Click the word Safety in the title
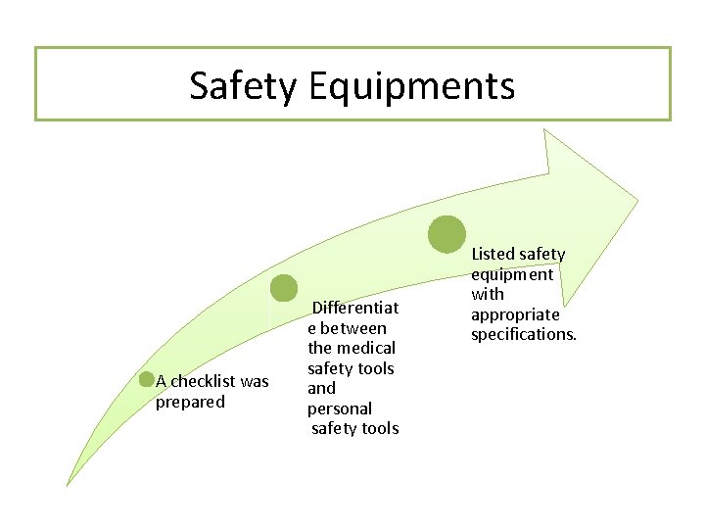[243, 86]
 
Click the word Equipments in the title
[410, 86]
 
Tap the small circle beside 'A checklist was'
[147, 380]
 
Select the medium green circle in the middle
[284, 288]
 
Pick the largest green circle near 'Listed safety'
[447, 233]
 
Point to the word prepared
[190, 402]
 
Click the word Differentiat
[354, 308]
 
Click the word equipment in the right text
[512, 274]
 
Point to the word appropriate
[515, 314]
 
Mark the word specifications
[524, 334]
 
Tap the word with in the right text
[488, 294]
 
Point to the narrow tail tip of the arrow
[68, 484]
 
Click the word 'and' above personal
[321, 388]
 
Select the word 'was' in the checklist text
[255, 381]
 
